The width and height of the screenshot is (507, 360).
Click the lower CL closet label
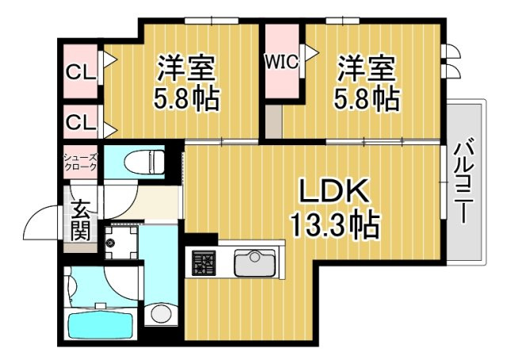(x=80, y=122)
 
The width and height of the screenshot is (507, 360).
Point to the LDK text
(x=334, y=192)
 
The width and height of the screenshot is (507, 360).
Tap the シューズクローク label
(x=81, y=162)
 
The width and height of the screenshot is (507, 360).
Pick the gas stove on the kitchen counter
(x=204, y=262)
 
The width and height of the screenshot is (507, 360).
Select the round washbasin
(x=161, y=312)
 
